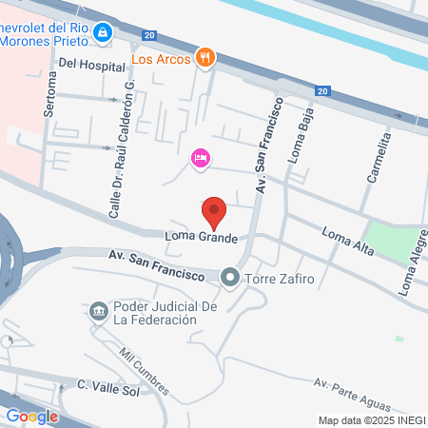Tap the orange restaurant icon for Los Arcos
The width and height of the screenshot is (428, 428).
click(204, 57)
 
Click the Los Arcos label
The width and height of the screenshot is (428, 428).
click(161, 58)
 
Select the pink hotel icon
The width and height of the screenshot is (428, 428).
click(200, 158)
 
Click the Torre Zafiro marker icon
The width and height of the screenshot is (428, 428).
click(229, 280)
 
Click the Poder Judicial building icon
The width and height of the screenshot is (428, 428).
click(99, 311)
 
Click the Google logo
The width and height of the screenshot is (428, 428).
click(31, 416)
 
